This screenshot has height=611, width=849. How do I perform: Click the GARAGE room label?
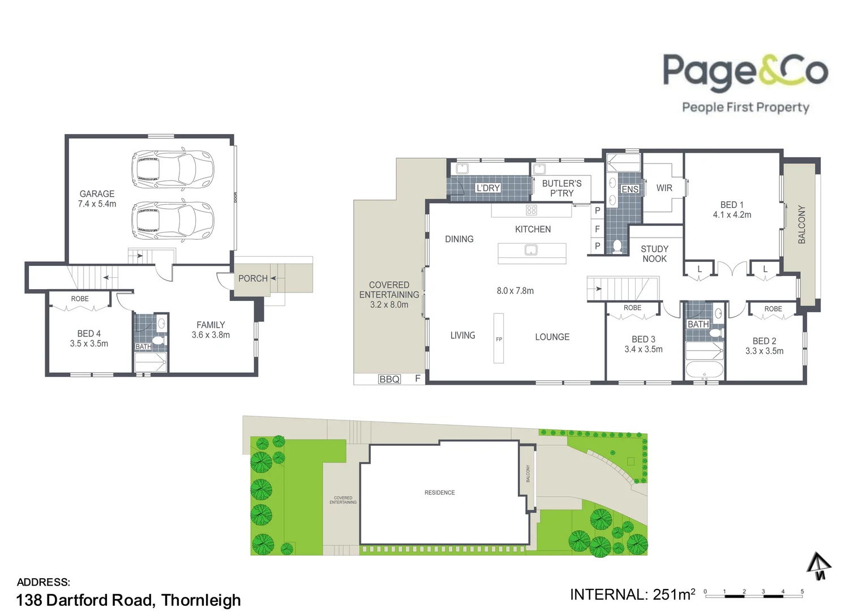tap(97, 194)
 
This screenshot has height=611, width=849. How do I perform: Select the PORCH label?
tap(252, 278)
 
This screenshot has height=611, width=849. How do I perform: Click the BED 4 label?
tap(89, 334)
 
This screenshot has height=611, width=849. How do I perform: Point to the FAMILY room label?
tap(211, 325)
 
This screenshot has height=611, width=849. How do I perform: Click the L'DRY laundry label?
tap(488, 188)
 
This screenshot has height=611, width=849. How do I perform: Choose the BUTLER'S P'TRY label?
tap(561, 188)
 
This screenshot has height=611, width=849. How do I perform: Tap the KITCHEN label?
tap(533, 229)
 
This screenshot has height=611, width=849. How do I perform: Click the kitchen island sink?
tap(531, 250)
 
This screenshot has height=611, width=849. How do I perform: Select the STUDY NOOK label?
tap(654, 254)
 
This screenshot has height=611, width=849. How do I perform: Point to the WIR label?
tap(664, 188)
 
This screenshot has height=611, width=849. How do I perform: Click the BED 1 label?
tap(732, 205)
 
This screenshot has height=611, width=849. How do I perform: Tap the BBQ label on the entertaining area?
tap(389, 379)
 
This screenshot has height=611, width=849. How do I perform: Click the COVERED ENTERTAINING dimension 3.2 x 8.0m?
tap(389, 304)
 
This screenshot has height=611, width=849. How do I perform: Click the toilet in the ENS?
tap(618, 247)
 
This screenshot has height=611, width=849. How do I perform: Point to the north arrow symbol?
tap(818, 566)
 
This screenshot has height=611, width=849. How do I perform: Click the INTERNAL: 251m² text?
tap(632, 595)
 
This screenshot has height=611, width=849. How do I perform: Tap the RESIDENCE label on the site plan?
tap(439, 493)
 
